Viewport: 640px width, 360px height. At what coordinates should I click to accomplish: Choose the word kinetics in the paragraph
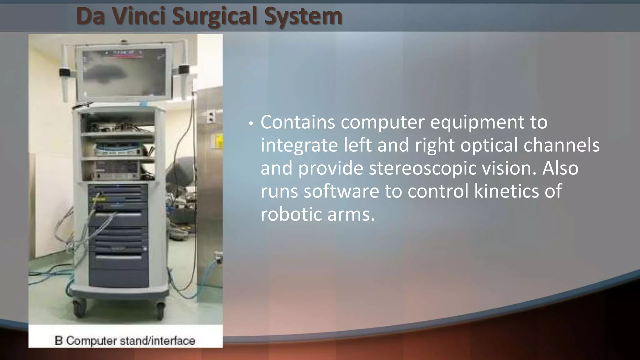tap(507, 191)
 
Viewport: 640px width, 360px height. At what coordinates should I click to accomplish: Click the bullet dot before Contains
tap(250, 124)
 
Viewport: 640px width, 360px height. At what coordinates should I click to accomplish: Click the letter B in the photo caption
tap(58, 340)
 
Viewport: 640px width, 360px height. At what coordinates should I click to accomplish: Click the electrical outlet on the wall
tap(211, 117)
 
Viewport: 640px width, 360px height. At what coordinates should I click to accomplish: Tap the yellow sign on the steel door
tap(219, 141)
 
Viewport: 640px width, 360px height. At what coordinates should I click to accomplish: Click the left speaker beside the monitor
tap(64, 72)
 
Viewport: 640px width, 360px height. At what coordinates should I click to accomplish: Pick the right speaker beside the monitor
tap(183, 69)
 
